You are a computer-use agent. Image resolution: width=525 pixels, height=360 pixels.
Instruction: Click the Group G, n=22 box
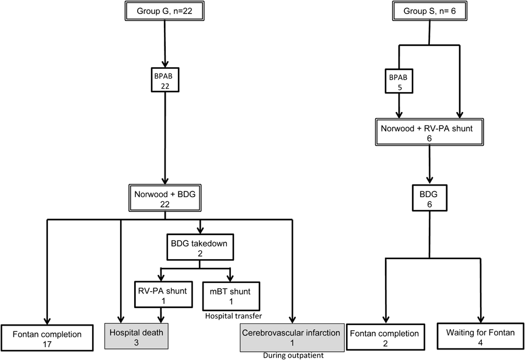point(165,11)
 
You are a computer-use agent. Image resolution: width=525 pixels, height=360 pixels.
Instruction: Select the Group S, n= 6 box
point(430,11)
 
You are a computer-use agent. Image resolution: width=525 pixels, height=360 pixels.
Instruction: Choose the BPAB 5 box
point(400,81)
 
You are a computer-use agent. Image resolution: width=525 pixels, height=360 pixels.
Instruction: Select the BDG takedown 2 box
point(199,247)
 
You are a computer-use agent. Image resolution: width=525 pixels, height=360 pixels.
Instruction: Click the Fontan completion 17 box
point(47,338)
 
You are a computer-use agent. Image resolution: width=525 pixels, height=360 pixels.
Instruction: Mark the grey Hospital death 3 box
point(136,338)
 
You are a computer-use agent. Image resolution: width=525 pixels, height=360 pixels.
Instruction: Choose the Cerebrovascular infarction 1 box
point(290,338)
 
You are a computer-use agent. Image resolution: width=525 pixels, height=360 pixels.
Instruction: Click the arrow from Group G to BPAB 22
point(165,44)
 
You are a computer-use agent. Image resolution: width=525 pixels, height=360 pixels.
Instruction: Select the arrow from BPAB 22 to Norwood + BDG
point(165,137)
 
